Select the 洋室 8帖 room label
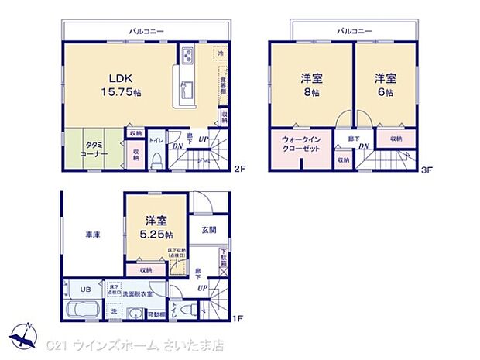311,84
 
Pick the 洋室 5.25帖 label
156,226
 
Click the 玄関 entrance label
209,229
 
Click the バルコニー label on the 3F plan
354,31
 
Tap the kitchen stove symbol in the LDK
187,57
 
